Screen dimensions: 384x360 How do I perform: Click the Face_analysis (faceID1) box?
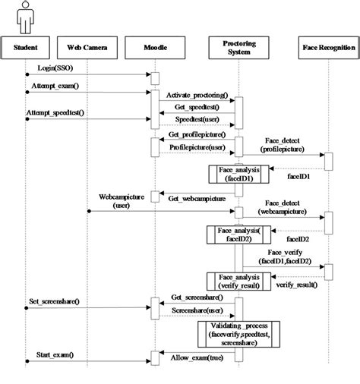pos(237,175)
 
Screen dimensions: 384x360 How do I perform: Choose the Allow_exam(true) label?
pos(196,356)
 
